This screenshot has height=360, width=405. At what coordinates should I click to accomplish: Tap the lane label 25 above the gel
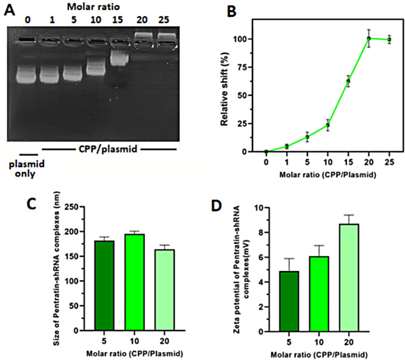coord(166,18)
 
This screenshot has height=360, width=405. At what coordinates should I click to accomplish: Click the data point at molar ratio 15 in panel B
coord(348,81)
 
